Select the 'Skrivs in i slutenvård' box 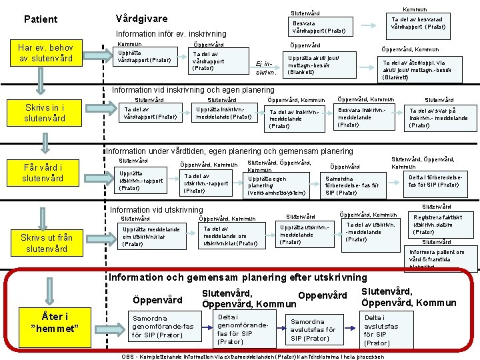click(x=44, y=113)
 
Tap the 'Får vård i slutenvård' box click(x=44, y=173)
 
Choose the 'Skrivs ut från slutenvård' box click(x=44, y=243)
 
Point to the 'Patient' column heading click(x=41, y=19)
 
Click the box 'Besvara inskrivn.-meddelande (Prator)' click(x=361, y=117)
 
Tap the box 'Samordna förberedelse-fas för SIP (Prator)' click(x=351, y=185)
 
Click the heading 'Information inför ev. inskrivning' click(x=171, y=34)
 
